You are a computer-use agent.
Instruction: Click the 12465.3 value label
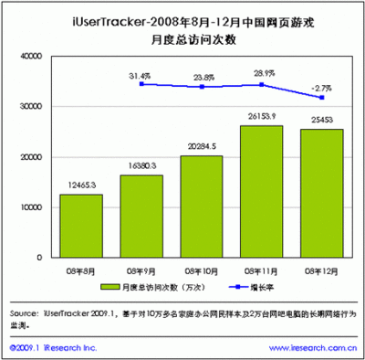coord(80,185)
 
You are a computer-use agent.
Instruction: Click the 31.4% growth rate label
coord(140,75)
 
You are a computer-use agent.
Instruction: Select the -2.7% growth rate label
coord(319,88)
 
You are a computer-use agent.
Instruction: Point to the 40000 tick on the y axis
coord(31,56)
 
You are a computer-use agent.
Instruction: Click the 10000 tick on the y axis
coord(31,207)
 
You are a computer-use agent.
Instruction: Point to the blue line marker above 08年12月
coord(320,98)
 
